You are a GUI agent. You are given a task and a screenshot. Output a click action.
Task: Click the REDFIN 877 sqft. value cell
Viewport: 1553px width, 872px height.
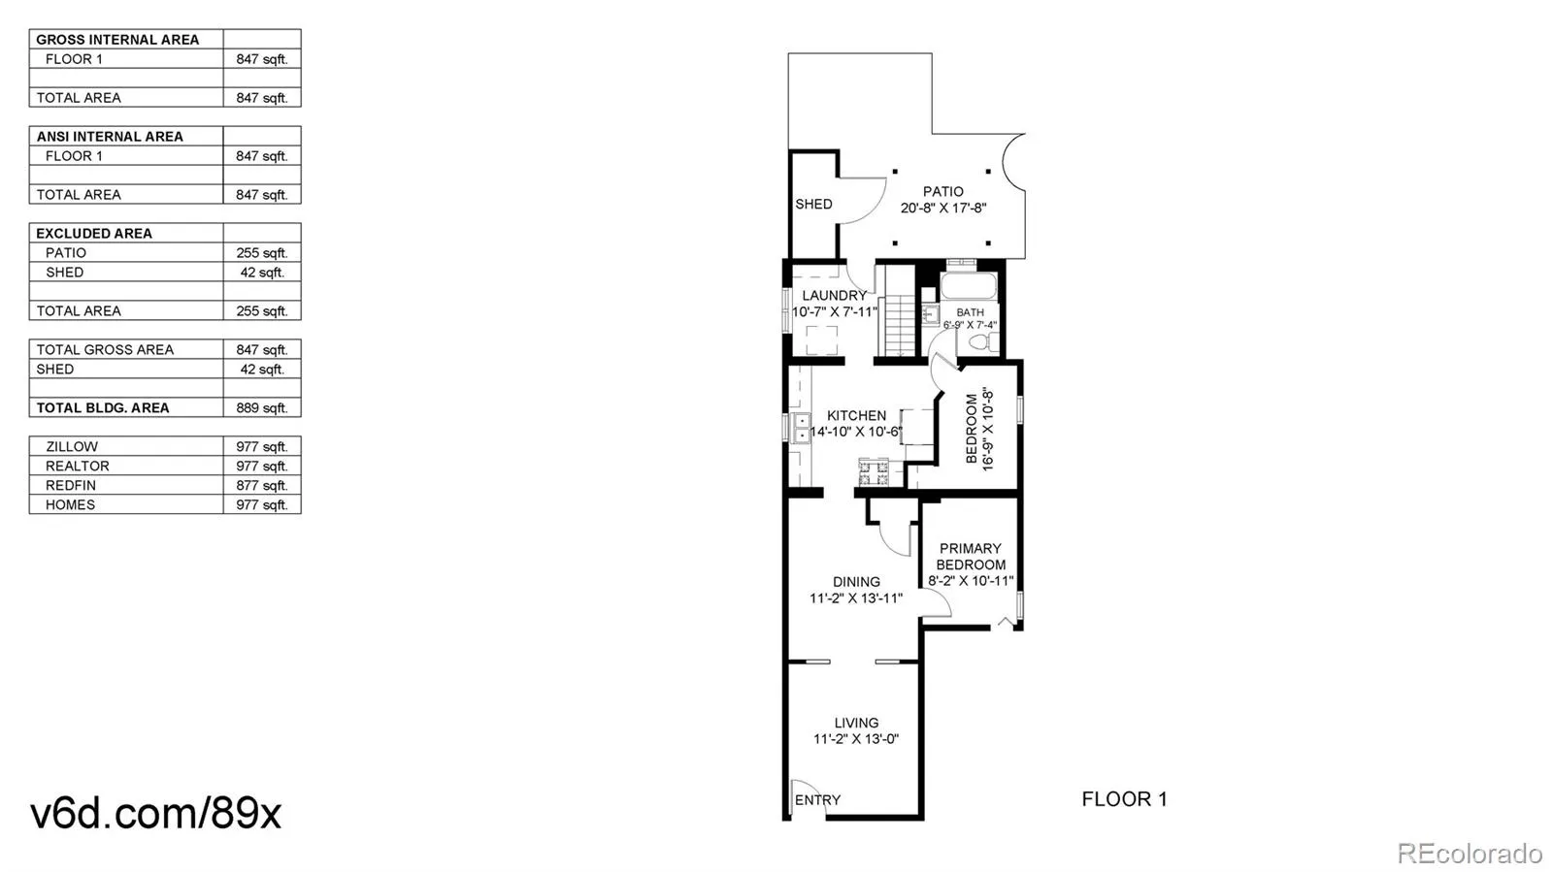pos(261,485)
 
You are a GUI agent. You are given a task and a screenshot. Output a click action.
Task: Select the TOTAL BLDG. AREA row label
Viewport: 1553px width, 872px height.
pos(103,407)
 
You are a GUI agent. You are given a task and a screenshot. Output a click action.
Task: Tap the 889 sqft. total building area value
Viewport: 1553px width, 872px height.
pos(261,407)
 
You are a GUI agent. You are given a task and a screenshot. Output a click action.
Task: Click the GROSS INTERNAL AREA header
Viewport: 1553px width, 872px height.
pos(117,40)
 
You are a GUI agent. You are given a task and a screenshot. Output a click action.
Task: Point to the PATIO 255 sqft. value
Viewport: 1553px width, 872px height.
pos(261,252)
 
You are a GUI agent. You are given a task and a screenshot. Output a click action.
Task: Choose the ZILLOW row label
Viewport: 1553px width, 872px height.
pos(72,446)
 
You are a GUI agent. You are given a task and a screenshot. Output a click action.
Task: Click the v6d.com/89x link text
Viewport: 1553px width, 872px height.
pos(156,813)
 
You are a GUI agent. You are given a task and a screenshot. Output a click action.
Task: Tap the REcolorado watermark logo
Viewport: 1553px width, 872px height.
pos(1470,853)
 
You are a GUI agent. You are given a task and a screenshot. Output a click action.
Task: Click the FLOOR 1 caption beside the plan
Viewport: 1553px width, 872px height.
pos(1125,799)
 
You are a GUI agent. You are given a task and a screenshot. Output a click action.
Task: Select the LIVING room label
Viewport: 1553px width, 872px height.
pos(856,723)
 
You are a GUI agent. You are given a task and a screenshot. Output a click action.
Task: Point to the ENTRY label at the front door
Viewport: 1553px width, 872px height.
pos(817,800)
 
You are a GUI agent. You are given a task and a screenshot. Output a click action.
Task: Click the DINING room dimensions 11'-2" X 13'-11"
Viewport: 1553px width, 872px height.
pos(856,597)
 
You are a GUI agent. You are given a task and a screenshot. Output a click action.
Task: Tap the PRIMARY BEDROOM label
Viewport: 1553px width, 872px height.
pos(971,556)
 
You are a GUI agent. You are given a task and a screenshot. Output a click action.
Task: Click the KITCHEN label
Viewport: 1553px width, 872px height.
pos(856,415)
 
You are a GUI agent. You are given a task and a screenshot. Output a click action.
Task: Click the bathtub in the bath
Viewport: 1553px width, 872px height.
pos(969,286)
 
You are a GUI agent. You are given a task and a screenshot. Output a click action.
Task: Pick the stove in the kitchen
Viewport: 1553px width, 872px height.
pos(874,471)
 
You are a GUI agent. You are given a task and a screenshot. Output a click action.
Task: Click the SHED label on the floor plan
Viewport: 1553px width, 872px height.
pos(814,204)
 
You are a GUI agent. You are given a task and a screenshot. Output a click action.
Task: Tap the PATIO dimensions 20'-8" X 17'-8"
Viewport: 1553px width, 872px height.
pos(942,208)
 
